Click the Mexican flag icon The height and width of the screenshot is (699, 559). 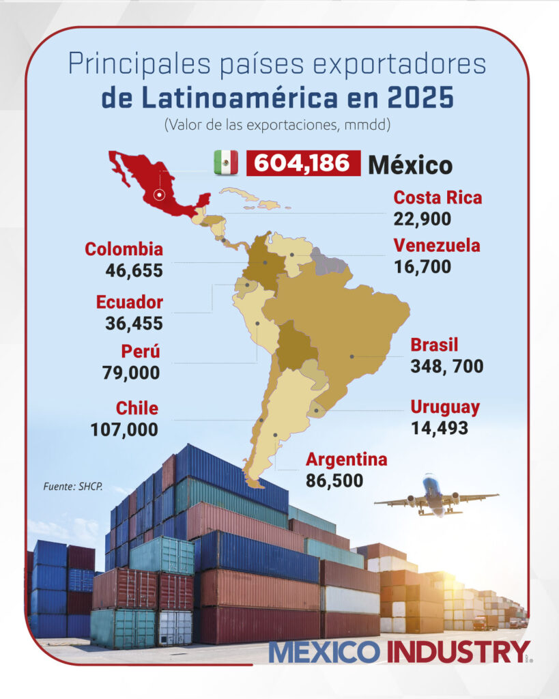pyautogui.click(x=226, y=162)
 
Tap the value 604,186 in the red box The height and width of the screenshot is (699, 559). pyautogui.click(x=303, y=163)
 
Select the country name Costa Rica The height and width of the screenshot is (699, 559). pyautogui.click(x=438, y=198)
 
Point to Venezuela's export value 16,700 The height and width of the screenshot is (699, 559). pyautogui.click(x=422, y=266)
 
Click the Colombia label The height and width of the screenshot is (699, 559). pyautogui.click(x=124, y=249)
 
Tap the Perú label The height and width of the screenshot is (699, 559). pyautogui.click(x=141, y=352)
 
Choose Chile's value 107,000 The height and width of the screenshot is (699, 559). pyautogui.click(x=124, y=429)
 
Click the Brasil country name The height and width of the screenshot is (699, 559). pyautogui.click(x=434, y=345)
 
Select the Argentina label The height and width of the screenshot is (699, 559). pyautogui.click(x=346, y=459)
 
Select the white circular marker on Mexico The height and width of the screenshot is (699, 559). pyautogui.click(x=160, y=195)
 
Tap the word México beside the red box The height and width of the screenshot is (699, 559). pyautogui.click(x=410, y=165)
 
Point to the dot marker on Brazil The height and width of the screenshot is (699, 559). pyautogui.click(x=352, y=356)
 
